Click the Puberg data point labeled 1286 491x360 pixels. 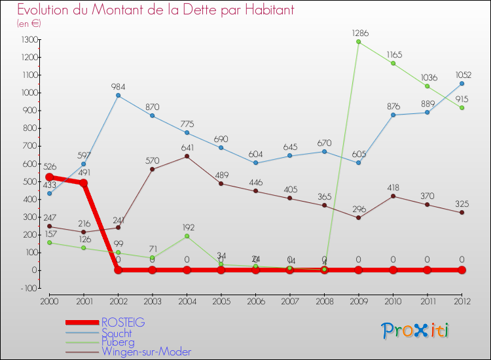click(x=359, y=42)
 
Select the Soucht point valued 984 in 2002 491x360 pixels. click(x=118, y=96)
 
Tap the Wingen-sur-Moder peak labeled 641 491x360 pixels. click(x=187, y=156)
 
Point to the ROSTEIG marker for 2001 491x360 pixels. click(x=84, y=183)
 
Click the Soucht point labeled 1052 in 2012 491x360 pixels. click(x=462, y=83)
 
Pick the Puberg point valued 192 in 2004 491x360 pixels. click(x=187, y=236)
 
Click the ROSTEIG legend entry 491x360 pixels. click(x=123, y=322)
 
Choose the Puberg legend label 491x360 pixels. click(x=118, y=342)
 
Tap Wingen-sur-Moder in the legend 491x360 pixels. click(x=146, y=351)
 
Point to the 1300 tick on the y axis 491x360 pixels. click(x=29, y=40)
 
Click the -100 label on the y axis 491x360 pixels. click(x=29, y=288)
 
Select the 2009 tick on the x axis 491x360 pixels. click(x=359, y=301)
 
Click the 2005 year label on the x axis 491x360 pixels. click(x=221, y=301)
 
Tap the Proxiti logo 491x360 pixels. click(x=416, y=331)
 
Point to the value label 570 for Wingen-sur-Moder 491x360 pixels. click(x=153, y=161)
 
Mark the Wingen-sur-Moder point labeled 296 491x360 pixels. click(x=359, y=217)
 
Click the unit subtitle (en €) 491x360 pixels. click(x=29, y=23)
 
